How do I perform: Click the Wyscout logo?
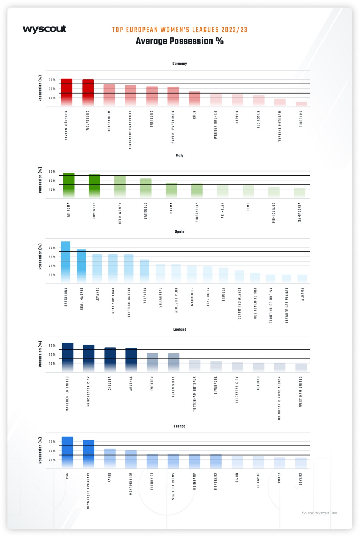pos(44,29)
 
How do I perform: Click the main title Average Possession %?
pos(180,41)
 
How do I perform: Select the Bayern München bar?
pos(67,92)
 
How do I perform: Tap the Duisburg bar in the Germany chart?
pos(301,104)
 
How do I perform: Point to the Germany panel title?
pos(180,64)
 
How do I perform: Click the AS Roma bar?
pos(69,185)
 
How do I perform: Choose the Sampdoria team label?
pos(299,212)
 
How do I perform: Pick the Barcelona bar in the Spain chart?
pos(66,261)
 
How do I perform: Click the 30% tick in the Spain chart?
pos(52,275)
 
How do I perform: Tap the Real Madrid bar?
pos(81,265)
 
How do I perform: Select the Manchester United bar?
pos(67,357)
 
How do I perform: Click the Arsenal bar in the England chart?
pos(131,360)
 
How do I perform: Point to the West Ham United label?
pos(301,392)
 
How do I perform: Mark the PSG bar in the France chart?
pos(67,452)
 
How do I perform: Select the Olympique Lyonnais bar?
pos(89,454)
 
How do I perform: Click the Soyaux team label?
pos(301,479)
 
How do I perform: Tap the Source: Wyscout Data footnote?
pos(319,513)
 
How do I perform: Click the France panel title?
pos(180,426)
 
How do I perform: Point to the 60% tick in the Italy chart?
pos(52,172)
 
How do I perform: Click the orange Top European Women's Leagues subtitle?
pos(180,30)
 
